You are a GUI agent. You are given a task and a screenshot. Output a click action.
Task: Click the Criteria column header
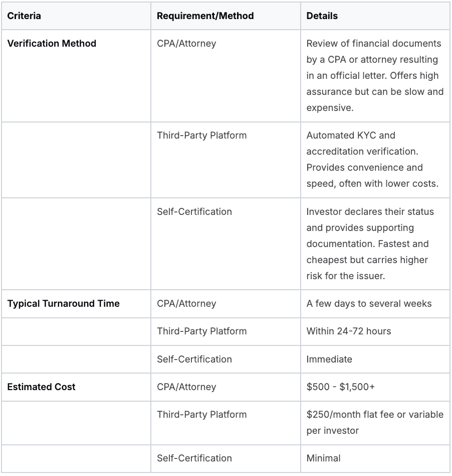point(24,16)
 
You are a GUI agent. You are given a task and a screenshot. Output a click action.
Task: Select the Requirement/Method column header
point(205,16)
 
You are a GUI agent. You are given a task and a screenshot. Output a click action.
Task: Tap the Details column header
point(322,16)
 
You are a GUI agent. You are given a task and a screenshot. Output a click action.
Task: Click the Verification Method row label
point(52,44)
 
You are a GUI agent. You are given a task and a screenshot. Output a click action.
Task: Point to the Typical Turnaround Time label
point(63,304)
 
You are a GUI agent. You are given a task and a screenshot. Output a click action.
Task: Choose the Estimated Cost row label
point(42,387)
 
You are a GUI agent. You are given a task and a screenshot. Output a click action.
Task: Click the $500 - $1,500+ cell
point(342,387)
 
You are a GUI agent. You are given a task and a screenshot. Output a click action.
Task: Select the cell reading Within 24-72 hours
point(349,331)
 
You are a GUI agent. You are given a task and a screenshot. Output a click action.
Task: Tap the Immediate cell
point(329,360)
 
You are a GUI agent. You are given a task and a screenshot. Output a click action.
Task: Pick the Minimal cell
point(323,458)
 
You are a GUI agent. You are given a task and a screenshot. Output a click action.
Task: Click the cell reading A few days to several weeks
point(369,304)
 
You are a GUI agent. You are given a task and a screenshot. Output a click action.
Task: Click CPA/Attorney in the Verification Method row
point(186,44)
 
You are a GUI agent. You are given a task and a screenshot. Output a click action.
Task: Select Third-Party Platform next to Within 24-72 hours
point(201,331)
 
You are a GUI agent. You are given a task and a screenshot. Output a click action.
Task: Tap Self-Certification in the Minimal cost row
point(194,458)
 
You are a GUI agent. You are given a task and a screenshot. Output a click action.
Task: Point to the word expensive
point(328,108)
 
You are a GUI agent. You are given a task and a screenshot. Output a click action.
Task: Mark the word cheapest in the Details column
point(328,260)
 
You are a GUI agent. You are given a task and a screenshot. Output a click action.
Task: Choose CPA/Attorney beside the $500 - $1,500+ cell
point(186,387)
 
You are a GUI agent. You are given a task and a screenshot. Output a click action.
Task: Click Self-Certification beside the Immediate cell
point(194,360)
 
